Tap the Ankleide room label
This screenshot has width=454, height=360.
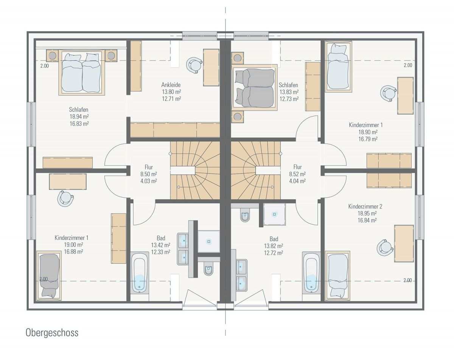click(x=171, y=85)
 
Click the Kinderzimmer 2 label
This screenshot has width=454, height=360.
click(x=365, y=206)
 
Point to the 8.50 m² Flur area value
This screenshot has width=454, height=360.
click(x=149, y=174)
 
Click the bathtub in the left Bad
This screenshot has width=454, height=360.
click(x=140, y=272)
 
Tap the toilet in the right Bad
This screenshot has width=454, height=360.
click(x=245, y=215)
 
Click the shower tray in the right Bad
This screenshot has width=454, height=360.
click(x=274, y=214)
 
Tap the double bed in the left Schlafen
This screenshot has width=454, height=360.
click(x=82, y=72)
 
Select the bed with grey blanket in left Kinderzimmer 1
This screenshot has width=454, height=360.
click(x=49, y=275)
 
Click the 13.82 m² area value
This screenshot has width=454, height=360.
click(x=274, y=246)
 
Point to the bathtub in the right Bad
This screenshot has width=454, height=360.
click(x=311, y=272)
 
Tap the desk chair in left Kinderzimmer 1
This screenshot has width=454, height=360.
click(x=65, y=199)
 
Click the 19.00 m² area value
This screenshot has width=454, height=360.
click(x=73, y=245)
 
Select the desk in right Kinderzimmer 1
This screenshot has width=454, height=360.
click(x=405, y=96)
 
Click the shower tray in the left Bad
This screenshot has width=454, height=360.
click(x=209, y=241)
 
